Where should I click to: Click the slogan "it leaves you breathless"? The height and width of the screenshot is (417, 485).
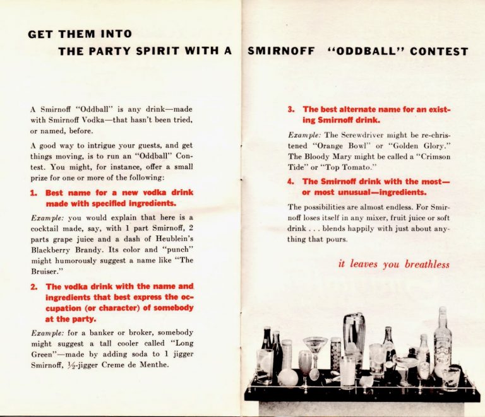coord(394,264)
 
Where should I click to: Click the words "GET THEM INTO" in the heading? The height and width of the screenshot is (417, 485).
coord(80,34)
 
